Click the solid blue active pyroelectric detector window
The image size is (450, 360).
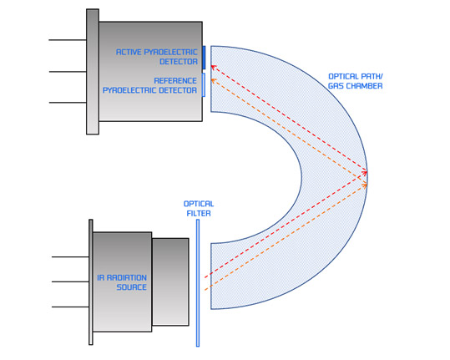[x=204, y=58]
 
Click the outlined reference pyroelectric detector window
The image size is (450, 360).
[x=204, y=85]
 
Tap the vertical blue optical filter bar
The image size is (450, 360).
[x=198, y=283]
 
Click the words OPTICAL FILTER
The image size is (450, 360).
[x=199, y=209]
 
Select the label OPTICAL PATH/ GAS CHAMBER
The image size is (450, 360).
[x=356, y=81]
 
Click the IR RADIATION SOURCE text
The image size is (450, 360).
[x=122, y=282]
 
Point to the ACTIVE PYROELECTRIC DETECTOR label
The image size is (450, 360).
[x=157, y=57]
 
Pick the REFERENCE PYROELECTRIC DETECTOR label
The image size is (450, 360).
[x=149, y=85]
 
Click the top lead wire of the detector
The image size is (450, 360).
[x=68, y=40]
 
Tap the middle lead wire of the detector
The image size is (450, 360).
[x=68, y=72]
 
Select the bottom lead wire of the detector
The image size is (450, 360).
[x=68, y=103]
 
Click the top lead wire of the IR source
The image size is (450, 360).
[x=70, y=257]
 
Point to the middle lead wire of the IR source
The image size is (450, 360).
[x=70, y=281]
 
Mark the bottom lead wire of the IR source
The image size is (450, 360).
[x=70, y=307]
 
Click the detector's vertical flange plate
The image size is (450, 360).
[x=93, y=72]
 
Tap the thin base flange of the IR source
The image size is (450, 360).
[x=91, y=282]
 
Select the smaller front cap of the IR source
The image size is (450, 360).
[x=170, y=282]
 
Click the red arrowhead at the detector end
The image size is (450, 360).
[x=214, y=68]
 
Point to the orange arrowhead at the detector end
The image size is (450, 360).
[x=214, y=81]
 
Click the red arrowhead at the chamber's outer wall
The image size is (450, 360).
[x=365, y=173]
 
